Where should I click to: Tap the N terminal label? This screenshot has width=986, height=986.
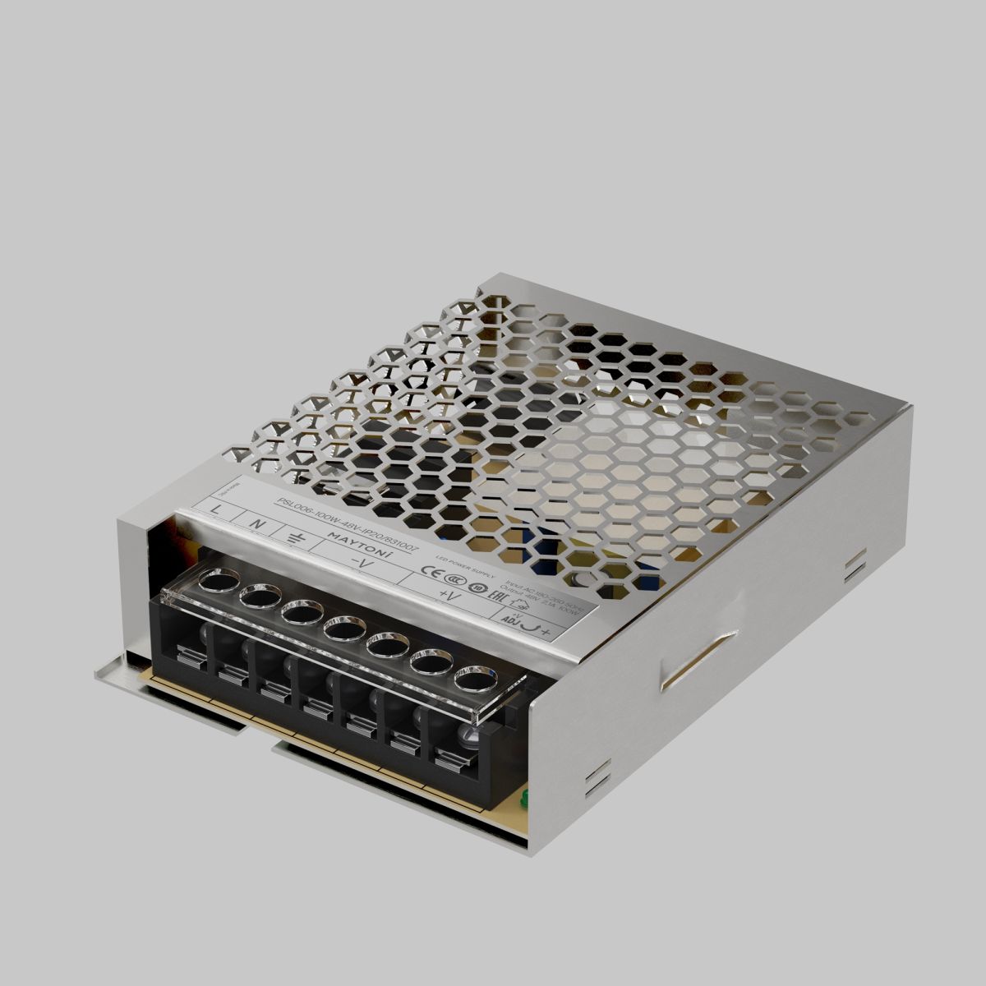pyautogui.click(x=256, y=523)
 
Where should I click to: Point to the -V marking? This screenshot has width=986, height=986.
pyautogui.click(x=362, y=564)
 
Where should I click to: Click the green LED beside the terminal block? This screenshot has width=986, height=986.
pyautogui.click(x=522, y=796)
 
